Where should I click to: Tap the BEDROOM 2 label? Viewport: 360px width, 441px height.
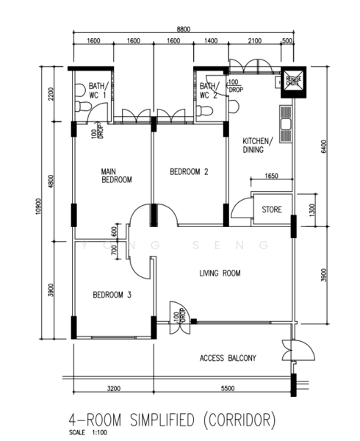tap(189, 172)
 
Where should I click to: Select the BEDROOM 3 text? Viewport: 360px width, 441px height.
tap(112, 295)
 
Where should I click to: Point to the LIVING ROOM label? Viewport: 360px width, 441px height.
tap(220, 273)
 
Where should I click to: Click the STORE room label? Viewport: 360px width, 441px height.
tap(272, 210)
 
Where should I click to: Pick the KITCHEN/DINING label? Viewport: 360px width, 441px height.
tap(257, 145)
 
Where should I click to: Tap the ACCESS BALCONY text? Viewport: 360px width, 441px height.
tap(228, 359)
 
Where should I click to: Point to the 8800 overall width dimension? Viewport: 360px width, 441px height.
tap(183, 29)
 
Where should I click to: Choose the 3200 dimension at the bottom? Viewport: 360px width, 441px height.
tap(113, 387)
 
